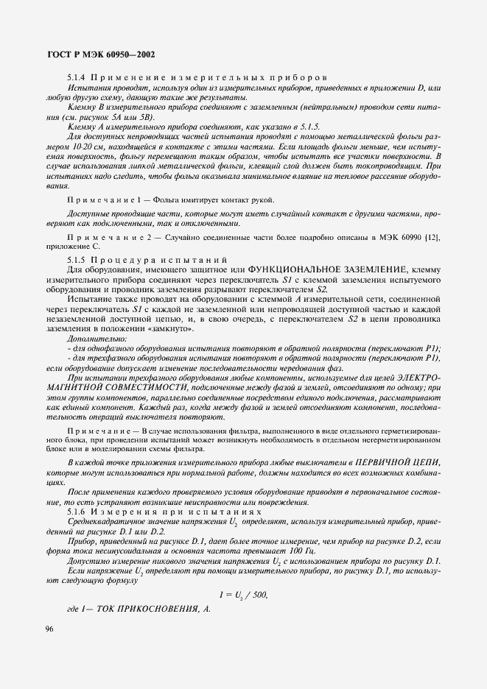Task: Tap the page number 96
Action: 49,627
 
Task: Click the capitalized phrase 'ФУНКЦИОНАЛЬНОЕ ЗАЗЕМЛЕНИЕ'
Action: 323,270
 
